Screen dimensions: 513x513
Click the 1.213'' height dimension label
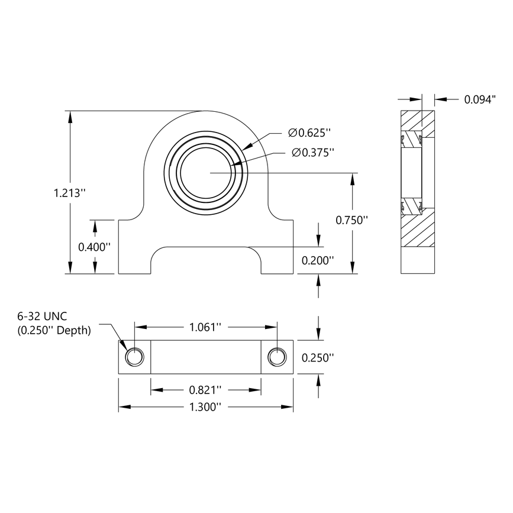[70, 192]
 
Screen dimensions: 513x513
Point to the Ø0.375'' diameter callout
[313, 153]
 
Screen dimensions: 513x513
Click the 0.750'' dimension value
[352, 220]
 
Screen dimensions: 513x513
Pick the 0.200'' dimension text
[318, 260]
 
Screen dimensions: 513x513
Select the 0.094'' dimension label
[479, 100]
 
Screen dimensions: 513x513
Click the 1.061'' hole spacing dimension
[205, 327]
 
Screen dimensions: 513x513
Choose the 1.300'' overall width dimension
[205, 407]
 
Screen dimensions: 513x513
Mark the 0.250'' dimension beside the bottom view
[318, 357]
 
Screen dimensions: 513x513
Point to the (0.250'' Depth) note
[54, 331]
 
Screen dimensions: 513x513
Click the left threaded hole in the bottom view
[134, 357]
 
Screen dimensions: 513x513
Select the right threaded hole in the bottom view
[277, 357]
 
